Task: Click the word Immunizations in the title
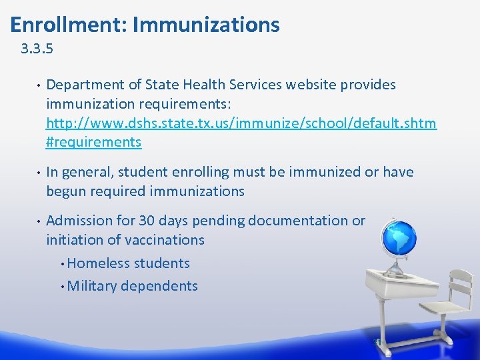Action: (206, 25)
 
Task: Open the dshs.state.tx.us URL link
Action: (241, 123)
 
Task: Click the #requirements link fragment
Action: (93, 142)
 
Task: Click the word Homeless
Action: (99, 263)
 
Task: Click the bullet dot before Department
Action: (39, 86)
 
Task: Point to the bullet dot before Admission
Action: (39, 221)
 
